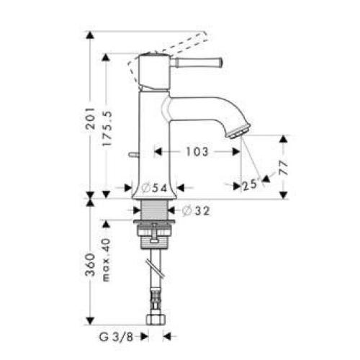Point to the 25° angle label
point(250,186)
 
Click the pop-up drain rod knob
point(132,154)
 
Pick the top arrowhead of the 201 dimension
point(89,35)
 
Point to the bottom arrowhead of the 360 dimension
point(89,320)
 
